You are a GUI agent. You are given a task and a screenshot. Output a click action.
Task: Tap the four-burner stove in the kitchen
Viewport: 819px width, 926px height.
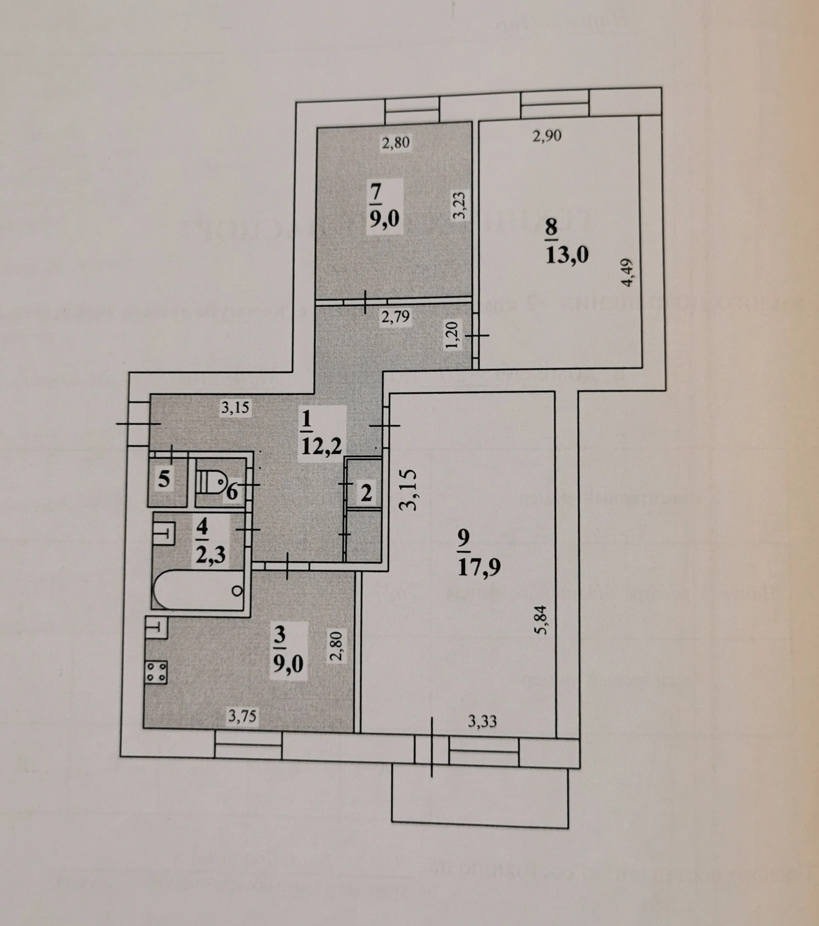pos(156,672)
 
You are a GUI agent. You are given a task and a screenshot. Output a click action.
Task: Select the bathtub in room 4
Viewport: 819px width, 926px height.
pos(198,590)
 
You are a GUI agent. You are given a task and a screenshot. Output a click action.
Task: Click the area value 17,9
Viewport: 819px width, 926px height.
pos(479,567)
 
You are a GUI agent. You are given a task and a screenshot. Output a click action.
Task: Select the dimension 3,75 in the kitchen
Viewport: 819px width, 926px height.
pos(242,716)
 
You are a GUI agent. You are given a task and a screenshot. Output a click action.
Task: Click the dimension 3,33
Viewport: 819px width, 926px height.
pos(482,721)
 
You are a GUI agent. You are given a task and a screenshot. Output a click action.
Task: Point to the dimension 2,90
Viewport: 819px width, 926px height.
pos(547,135)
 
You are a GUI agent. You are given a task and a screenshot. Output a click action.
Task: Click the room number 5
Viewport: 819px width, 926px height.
pos(164,479)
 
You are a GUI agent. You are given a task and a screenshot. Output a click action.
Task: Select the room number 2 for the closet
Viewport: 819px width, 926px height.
pos(366,493)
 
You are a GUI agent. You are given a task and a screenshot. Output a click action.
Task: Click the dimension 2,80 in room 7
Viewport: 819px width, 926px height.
pos(396,143)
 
